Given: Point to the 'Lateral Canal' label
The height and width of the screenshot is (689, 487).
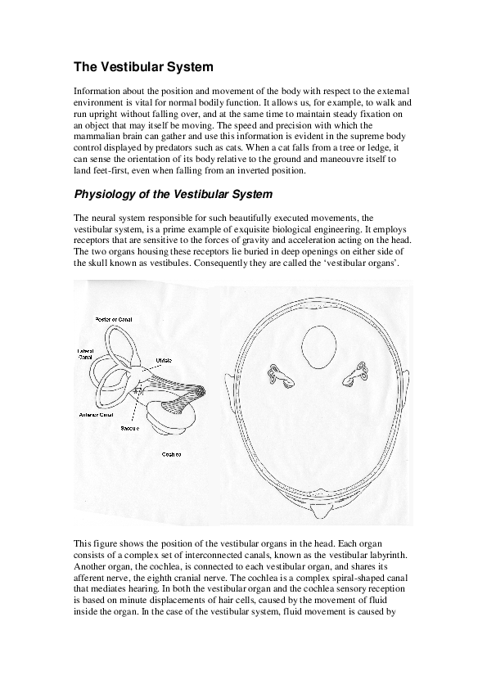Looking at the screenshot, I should coord(86,354).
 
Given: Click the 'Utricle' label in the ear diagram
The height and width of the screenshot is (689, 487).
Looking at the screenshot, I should coord(164,360).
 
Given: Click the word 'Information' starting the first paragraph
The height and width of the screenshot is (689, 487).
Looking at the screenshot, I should coord(97,89).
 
